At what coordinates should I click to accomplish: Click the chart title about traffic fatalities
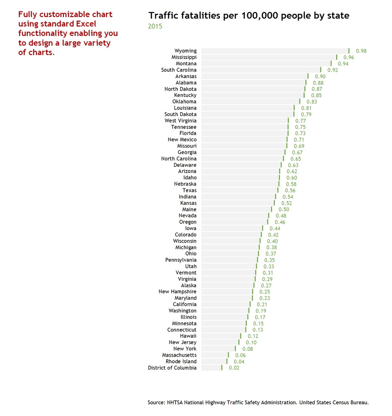pos(249,16)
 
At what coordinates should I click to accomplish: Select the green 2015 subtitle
pos(155,26)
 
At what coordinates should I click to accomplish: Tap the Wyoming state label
pos(185,51)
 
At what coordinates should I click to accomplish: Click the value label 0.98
pos(361,51)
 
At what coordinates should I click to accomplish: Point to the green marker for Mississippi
pos(337,57)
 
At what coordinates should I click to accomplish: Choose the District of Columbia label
pos(172,368)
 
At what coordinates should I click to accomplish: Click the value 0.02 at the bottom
pos(234,368)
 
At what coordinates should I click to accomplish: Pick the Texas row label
pos(190,190)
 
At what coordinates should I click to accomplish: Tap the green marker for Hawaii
pos(241,336)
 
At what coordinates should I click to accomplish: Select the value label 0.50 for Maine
pos(284,209)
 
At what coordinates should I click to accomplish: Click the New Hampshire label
pos(177,291)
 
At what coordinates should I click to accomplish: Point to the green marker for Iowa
pos(263,228)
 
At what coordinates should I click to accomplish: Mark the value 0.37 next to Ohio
pos(271,254)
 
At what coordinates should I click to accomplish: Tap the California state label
pos(184,304)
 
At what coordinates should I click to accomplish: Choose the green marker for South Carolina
pos(321,70)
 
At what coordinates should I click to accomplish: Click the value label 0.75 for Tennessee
pos(300,127)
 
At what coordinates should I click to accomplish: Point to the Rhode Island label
pos(181,361)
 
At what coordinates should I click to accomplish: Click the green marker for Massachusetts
pos(228,355)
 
